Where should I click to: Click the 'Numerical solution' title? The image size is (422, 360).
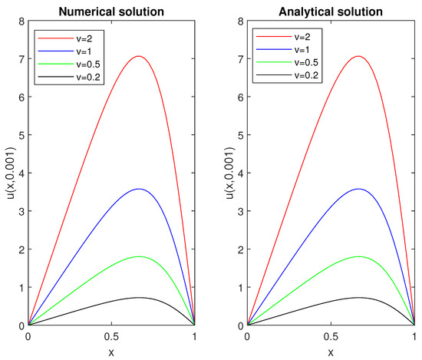click(111, 12)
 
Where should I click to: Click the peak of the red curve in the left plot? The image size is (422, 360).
click(139, 56)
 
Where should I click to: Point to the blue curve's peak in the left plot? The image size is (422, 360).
click(139, 189)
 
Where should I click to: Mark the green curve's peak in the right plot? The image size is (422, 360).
click(358, 256)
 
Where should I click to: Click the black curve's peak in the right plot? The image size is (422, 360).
click(358, 297)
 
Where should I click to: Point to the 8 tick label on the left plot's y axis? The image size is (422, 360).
click(20, 20)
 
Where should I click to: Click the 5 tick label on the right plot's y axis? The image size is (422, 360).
click(239, 134)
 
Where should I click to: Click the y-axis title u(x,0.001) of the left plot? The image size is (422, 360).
click(9, 173)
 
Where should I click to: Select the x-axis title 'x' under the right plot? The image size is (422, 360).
click(330, 352)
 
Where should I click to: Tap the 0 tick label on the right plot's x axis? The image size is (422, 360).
click(247, 336)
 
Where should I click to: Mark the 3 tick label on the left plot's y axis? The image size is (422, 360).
click(20, 211)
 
